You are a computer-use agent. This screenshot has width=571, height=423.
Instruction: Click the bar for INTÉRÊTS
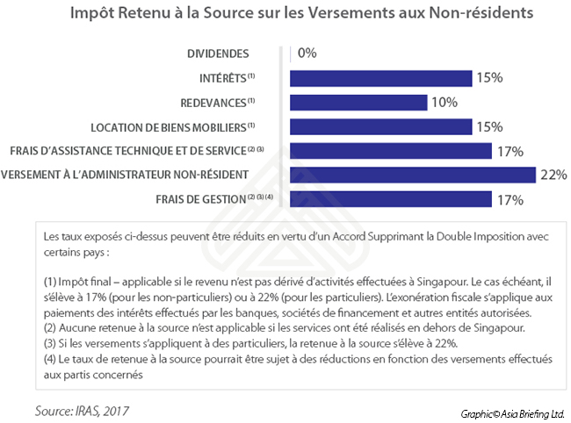pos(380,78)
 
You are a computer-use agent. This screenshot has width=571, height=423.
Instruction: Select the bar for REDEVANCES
pos(358,103)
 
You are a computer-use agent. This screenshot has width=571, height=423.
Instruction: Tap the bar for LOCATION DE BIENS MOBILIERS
pos(380,127)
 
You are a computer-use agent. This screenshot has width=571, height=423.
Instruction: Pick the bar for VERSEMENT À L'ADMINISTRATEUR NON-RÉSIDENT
pos(412,175)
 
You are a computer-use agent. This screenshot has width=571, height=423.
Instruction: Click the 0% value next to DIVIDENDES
pos(307,54)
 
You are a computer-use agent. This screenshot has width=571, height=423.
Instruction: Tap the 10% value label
pos(445,103)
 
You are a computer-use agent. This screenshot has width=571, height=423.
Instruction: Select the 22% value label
pos(553,175)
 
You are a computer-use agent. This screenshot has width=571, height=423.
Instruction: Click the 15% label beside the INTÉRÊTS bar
pos(488,78)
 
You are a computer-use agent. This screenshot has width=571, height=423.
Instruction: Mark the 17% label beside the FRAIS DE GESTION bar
pos(510,199)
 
